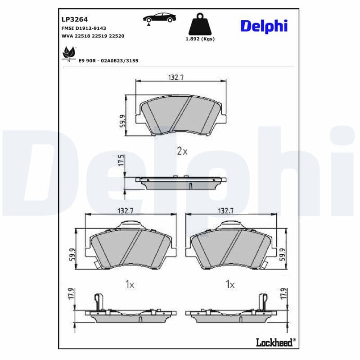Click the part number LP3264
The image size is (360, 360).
pyautogui.click(x=74, y=19)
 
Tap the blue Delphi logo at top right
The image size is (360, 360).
pyautogui.click(x=264, y=26)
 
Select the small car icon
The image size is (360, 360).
pyautogui.click(x=159, y=18)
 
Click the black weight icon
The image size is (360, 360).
pyautogui.click(x=200, y=25)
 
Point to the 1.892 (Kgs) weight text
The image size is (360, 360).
pyautogui.click(x=200, y=39)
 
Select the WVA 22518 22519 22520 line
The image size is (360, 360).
pyautogui.click(x=92, y=35)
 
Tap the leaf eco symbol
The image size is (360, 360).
pyautogui.click(x=69, y=53)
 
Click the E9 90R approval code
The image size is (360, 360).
pyautogui.click(x=108, y=60)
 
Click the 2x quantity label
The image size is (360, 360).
pyautogui.click(x=182, y=151)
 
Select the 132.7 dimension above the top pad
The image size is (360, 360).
pyautogui.click(x=176, y=77)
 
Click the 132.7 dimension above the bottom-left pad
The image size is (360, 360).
pyautogui.click(x=126, y=210)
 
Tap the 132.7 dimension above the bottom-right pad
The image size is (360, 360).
pyautogui.click(x=226, y=210)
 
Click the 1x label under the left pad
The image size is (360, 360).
pyautogui.click(x=130, y=284)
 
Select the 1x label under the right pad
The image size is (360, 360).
pyautogui.click(x=230, y=284)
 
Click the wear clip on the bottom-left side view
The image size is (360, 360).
pyautogui.click(x=99, y=301)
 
